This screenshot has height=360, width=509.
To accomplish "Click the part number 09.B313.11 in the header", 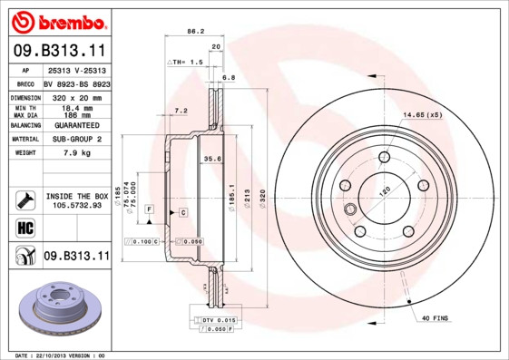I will coord(59,51).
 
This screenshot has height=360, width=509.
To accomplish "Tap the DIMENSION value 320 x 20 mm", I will coord(76,96).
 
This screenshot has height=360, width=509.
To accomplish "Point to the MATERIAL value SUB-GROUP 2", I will coord(76,139).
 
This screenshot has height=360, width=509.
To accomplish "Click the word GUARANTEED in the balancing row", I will coord(76,125).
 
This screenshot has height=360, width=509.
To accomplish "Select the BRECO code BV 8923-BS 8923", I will coord(76,83).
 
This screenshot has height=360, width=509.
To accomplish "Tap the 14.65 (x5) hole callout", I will coord(422,115).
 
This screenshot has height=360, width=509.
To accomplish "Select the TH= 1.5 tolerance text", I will coord(185,61).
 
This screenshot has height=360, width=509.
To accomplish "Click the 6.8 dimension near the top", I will coord(229,78).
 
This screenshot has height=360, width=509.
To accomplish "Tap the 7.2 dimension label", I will coord(180,110).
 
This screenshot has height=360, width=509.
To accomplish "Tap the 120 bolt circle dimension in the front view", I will coord(385,193).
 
